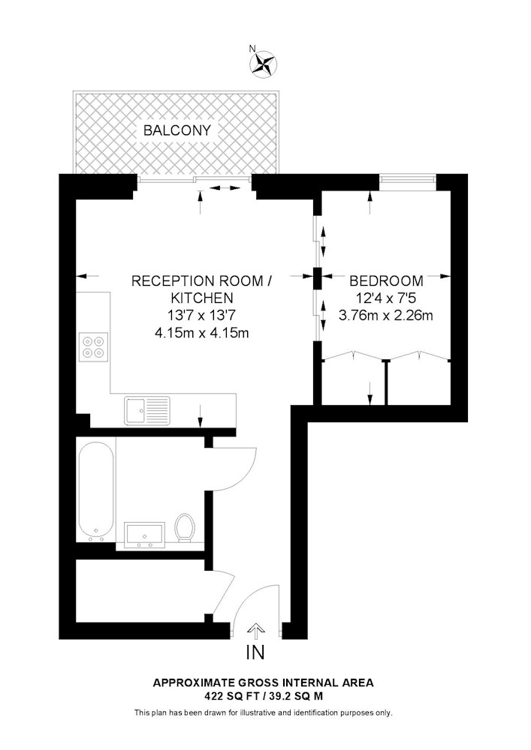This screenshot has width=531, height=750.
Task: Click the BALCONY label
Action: (177, 130)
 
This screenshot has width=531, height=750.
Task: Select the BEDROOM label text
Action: (386, 280)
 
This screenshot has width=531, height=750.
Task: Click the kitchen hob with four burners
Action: (93, 347)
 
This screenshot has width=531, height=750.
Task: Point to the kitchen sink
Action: (147, 411)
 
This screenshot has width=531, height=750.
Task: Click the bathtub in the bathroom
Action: (96, 490)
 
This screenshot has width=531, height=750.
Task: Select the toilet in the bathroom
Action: (184, 528)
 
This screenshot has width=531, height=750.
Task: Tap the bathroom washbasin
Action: (145, 535)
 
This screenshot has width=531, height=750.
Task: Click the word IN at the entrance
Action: (255, 652)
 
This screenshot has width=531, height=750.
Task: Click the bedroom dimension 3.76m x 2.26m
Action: (386, 316)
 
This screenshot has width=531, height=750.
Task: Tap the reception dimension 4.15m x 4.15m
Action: (201, 333)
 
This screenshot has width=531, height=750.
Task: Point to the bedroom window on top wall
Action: (408, 179)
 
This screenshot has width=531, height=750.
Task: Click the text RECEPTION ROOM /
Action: (201, 280)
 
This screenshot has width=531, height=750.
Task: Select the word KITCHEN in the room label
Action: (202, 298)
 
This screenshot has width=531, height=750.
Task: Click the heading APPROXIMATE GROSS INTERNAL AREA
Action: (263, 683)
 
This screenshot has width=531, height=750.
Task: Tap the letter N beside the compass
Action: (252, 48)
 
